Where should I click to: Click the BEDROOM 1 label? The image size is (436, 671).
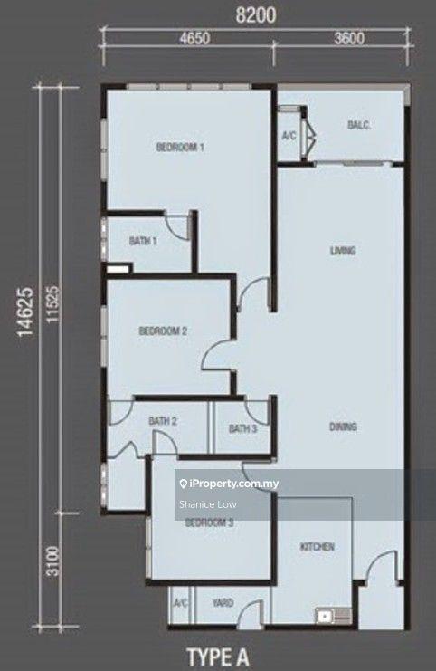click(180, 148)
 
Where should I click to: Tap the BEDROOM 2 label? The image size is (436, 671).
click(163, 331)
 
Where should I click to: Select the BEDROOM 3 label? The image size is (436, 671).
click(209, 522)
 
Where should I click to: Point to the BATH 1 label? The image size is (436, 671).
click(143, 241)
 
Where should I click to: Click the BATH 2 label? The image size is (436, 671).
click(163, 421)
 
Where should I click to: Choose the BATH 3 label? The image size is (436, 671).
click(242, 428)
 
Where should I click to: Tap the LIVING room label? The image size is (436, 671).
click(343, 250)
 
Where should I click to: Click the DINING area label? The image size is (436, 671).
click(343, 427)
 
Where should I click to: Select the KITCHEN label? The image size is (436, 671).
click(317, 546)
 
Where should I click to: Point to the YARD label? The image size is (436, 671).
click(223, 603)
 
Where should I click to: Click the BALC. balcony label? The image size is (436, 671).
click(359, 125)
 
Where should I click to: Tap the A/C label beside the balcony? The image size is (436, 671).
click(289, 136)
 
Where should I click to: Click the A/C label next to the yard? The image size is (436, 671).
click(181, 603)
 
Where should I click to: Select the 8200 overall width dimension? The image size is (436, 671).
click(256, 15)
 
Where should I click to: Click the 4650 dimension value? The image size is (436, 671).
click(194, 39)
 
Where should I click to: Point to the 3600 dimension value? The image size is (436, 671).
click(349, 39)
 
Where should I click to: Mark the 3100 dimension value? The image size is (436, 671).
click(52, 561)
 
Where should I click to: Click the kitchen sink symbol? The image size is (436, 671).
click(334, 616)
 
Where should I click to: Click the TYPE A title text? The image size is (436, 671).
click(218, 657)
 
